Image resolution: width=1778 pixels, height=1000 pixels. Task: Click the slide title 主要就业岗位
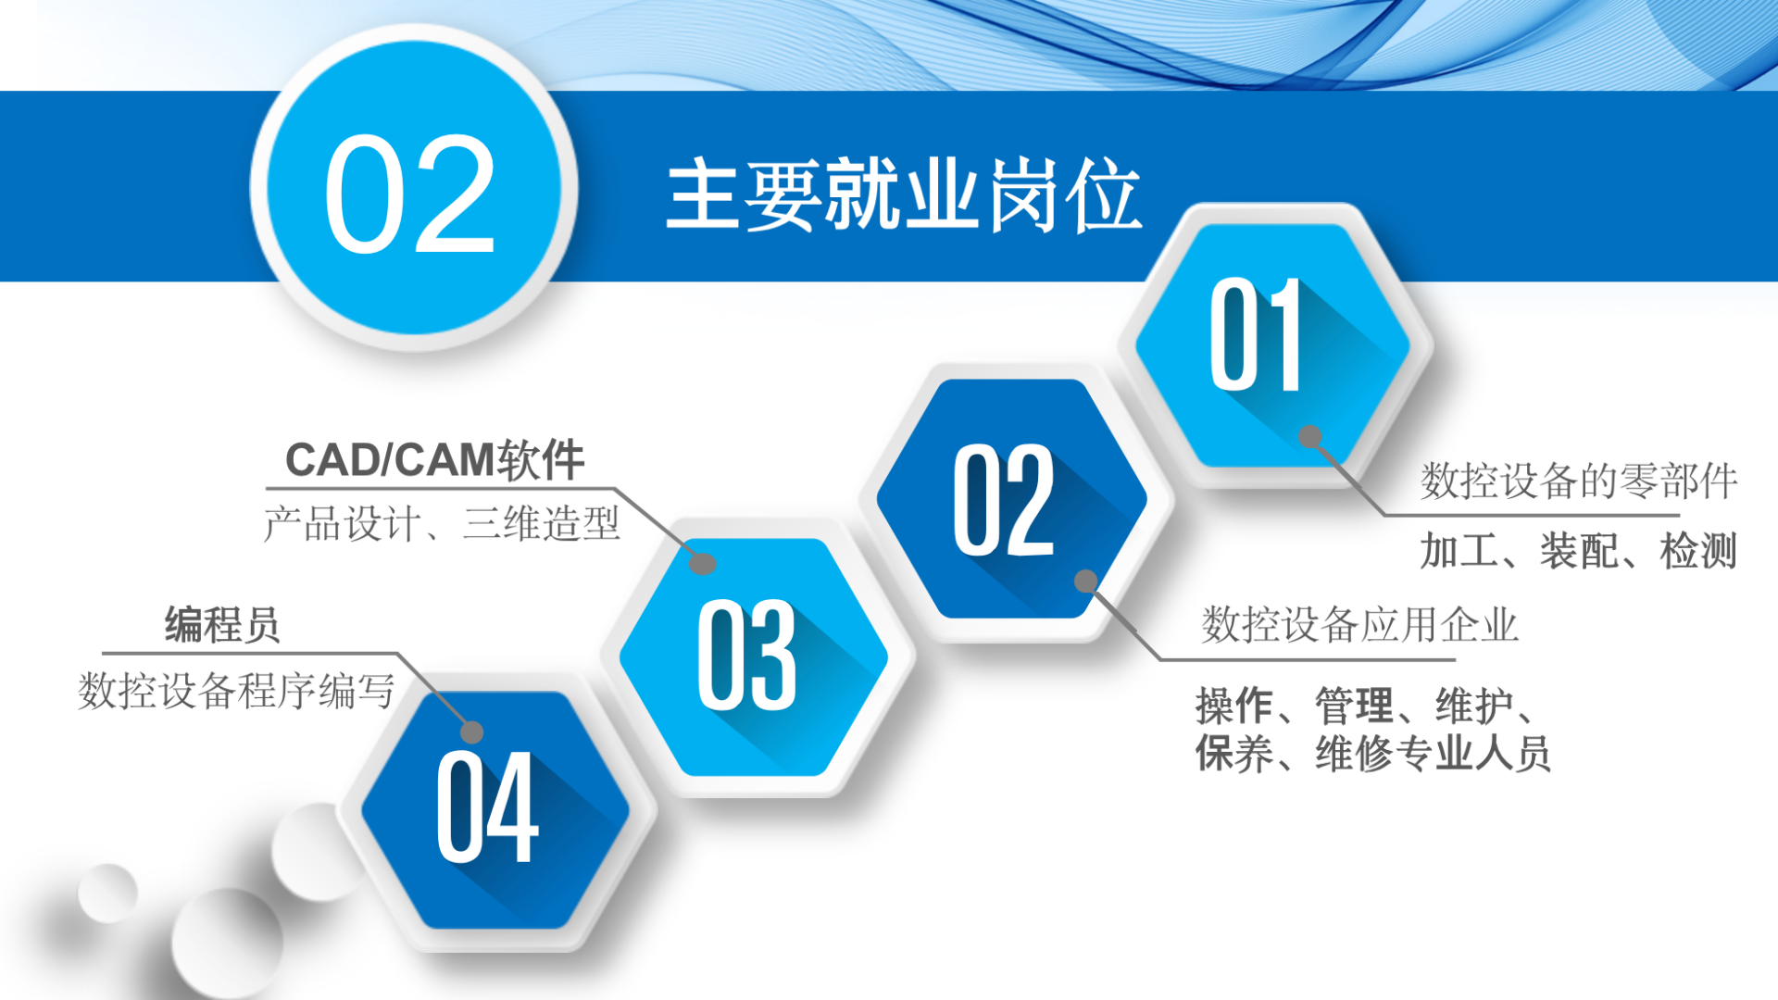[x=904, y=194]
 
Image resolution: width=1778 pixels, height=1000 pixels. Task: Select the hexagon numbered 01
[x=1273, y=344]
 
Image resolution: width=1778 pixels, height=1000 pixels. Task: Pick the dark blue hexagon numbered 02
[x=1011, y=498]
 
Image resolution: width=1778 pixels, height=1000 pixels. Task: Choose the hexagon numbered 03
[x=753, y=656]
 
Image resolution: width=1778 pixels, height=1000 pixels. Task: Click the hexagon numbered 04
[x=495, y=809]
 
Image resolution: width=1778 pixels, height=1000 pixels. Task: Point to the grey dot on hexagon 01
[x=1310, y=436]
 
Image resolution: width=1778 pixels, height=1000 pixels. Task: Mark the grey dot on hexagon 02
[x=1086, y=581]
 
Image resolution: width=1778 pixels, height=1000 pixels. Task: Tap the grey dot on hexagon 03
[x=703, y=563]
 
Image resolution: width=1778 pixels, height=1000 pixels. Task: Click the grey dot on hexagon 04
[x=472, y=731]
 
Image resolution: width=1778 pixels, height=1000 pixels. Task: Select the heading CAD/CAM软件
[x=434, y=460]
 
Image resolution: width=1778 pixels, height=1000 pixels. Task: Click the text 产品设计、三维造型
[x=442, y=524]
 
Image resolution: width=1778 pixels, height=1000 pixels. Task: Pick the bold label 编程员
[x=222, y=625]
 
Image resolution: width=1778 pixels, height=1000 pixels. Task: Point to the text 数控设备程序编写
[x=237, y=691]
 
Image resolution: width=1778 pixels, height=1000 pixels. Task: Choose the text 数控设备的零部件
[x=1579, y=481]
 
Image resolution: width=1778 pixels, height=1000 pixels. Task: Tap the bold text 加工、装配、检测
[x=1579, y=551]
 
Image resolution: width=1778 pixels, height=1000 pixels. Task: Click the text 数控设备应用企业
[x=1359, y=625]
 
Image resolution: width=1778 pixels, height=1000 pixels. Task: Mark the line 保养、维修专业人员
[x=1373, y=753]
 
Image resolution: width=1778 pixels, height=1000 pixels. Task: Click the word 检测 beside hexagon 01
[x=1698, y=551]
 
